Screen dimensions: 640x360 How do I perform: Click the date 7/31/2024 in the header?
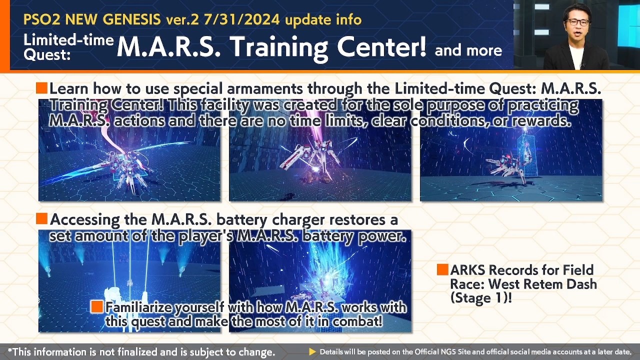pos(241,19)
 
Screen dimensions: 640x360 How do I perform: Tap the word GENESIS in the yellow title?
pos(131,19)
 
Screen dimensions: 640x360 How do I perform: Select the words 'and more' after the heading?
pos(468,50)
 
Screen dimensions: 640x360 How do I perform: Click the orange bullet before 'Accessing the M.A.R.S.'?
pos(41,218)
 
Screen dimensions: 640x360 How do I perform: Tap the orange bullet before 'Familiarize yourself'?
pos(97,306)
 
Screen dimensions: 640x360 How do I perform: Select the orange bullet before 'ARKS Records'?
pos(442,269)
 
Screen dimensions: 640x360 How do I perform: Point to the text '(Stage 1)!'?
pos(481,298)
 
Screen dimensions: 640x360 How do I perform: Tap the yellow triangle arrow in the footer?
pos(312,352)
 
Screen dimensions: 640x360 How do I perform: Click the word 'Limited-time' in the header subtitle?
pos(68,40)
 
